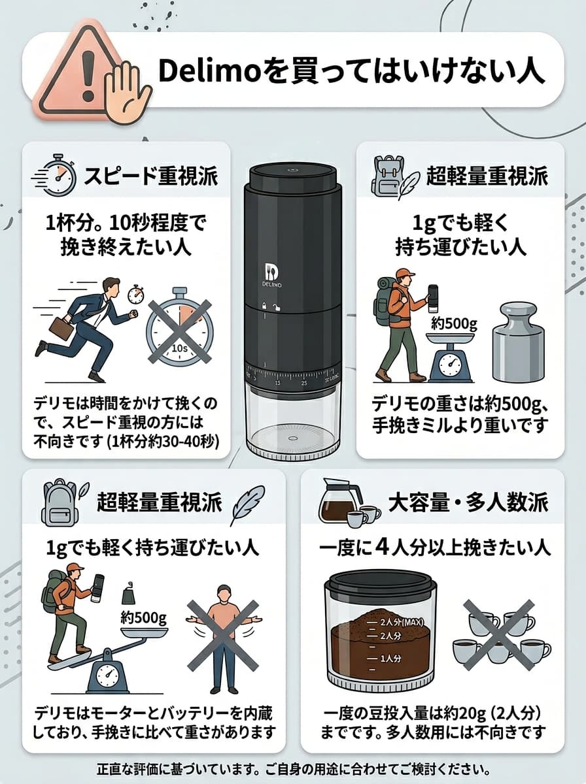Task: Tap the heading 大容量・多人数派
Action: click(x=468, y=502)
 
